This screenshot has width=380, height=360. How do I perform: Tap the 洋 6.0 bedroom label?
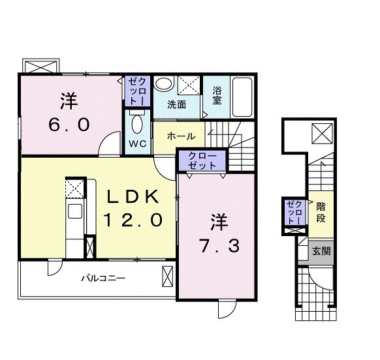(69, 113)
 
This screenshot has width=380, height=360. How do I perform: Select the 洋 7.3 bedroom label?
(219, 233)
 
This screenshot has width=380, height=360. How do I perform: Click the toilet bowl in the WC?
(137, 123)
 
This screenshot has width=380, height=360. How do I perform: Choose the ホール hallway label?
(180, 136)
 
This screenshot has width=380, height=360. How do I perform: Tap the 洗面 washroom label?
(176, 104)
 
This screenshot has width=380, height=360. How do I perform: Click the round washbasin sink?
(163, 84)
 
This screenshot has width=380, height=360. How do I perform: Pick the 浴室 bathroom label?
(216, 95)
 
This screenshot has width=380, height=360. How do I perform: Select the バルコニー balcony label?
(103, 278)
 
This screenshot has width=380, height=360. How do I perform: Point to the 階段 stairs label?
(321, 213)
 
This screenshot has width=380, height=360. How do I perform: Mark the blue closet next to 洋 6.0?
(137, 91)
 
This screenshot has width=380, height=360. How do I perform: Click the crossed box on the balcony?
(167, 276)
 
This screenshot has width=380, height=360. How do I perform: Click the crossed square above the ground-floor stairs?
(322, 134)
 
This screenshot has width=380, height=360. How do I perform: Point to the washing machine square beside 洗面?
(189, 86)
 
